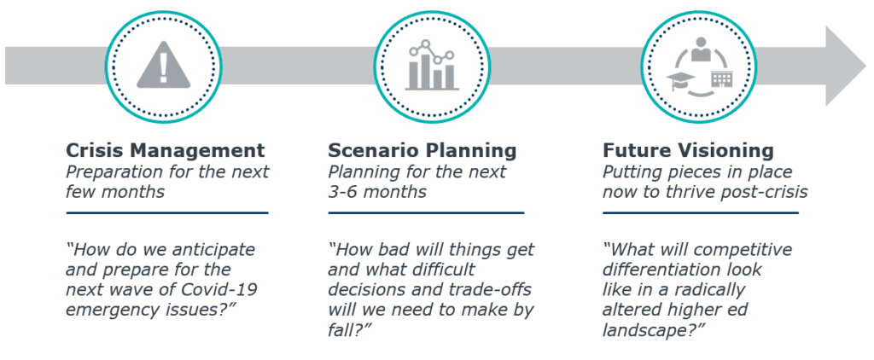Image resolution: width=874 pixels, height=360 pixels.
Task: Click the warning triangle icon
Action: pyautogui.click(x=163, y=67)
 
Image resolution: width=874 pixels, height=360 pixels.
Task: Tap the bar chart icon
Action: pyautogui.click(x=432, y=65)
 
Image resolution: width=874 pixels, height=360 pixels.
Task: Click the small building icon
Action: pyautogui.click(x=720, y=79)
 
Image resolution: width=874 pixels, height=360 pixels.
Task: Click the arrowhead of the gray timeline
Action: pyautogui.click(x=845, y=66)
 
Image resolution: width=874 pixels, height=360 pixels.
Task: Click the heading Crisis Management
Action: pyautogui.click(x=165, y=150)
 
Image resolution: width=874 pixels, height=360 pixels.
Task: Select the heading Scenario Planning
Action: pyautogui.click(x=422, y=150)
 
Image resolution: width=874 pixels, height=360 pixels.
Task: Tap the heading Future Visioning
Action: pyautogui.click(x=688, y=150)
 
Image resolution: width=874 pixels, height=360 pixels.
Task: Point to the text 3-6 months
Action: pyautogui.click(x=376, y=192)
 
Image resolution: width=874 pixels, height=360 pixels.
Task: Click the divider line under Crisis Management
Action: pyautogui.click(x=166, y=213)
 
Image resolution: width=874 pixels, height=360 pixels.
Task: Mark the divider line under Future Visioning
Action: pyautogui.click(x=700, y=213)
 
